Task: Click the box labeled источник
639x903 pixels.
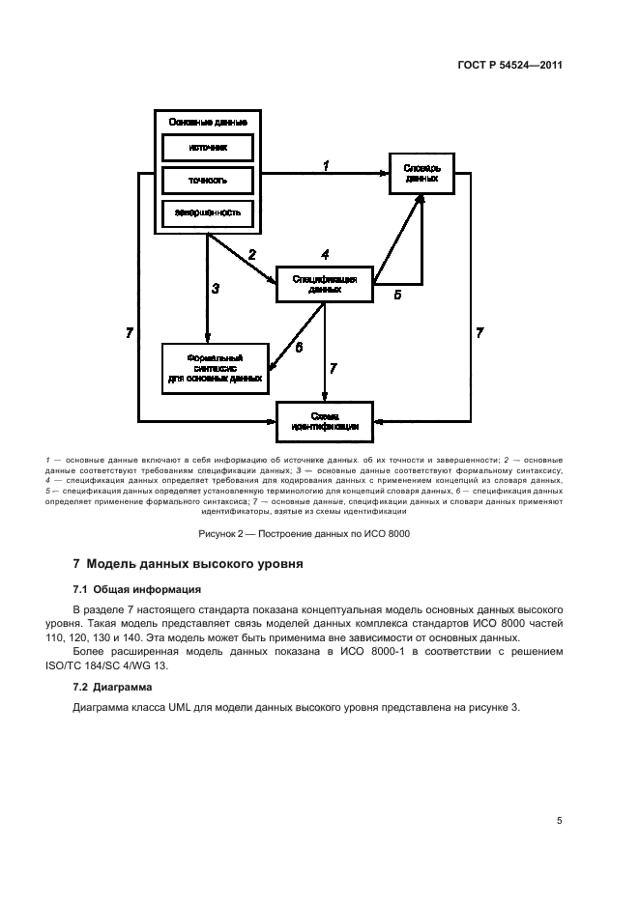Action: point(208,148)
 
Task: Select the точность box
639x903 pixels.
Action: point(208,180)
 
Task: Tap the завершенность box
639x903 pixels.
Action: point(208,212)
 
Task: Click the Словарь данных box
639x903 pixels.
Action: point(421,173)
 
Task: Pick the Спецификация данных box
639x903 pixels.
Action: point(325,283)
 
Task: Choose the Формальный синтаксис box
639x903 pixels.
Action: point(215,367)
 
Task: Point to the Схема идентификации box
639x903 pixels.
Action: point(325,419)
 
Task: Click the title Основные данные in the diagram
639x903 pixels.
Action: point(208,123)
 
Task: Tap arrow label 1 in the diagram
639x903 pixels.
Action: point(326,166)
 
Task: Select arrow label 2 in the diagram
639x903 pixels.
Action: point(252,255)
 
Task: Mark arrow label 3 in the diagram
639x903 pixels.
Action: point(216,288)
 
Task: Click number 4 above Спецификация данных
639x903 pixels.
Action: point(325,254)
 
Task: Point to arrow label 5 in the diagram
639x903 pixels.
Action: point(396,296)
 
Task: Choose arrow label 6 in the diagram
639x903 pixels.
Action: point(299,346)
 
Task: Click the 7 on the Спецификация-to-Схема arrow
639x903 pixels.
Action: point(334,368)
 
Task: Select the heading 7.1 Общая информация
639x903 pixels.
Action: point(136,588)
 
